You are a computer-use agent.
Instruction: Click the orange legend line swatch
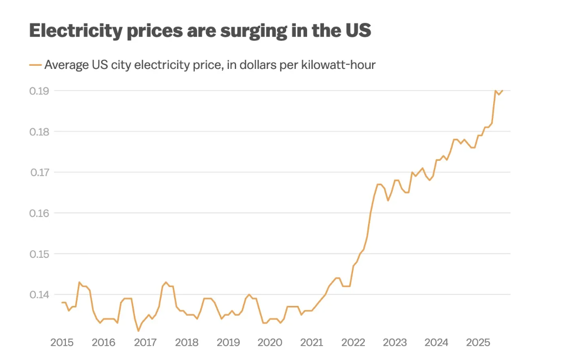point(35,65)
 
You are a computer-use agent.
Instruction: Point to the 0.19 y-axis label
point(39,91)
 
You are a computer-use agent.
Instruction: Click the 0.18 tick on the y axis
point(39,132)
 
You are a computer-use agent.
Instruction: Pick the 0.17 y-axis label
point(39,172)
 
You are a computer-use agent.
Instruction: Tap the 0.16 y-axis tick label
point(39,213)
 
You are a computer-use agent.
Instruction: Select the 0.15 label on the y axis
point(39,254)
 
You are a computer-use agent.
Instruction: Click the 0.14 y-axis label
point(39,295)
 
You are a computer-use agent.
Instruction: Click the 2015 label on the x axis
point(62,343)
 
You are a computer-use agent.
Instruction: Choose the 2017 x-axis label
point(145,343)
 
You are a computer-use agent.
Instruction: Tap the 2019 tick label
point(228,343)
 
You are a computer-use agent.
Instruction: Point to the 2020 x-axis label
point(270,343)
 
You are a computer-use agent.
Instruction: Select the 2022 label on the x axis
point(353,343)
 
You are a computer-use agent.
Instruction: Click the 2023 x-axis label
point(395,343)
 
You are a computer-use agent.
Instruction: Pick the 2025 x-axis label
point(478,343)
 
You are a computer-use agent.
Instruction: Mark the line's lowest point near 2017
point(138,331)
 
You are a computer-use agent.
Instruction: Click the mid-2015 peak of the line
point(79,282)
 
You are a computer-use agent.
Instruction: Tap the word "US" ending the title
point(356,31)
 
